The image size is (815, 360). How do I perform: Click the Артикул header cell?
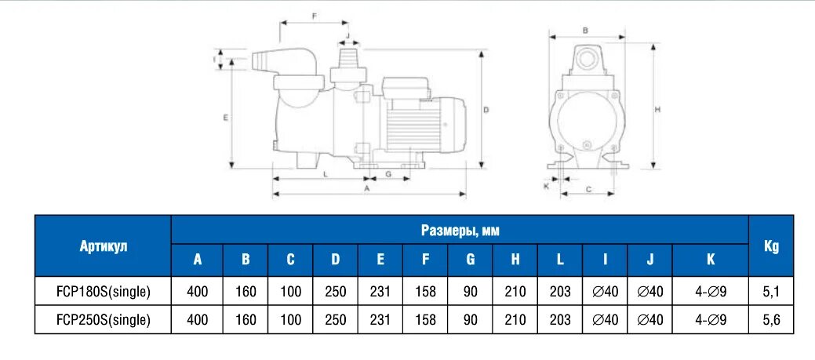pyautogui.click(x=103, y=245)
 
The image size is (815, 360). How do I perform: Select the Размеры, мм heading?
pyautogui.click(x=460, y=230)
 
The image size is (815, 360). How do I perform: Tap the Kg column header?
pyautogui.click(x=771, y=245)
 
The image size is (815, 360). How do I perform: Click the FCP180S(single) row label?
pyautogui.click(x=103, y=292)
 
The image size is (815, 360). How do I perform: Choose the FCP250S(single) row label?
pyautogui.click(x=103, y=319)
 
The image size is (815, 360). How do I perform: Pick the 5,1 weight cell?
pyautogui.click(x=771, y=292)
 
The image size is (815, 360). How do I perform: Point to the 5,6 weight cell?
pyautogui.click(x=771, y=319)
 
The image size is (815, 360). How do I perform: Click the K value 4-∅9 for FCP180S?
pyautogui.click(x=711, y=292)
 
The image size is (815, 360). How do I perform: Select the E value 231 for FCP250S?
pyautogui.click(x=380, y=319)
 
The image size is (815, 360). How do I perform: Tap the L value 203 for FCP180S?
pyautogui.click(x=560, y=292)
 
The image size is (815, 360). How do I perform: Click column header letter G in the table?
pyautogui.click(x=470, y=260)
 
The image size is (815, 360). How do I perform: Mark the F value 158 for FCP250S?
pyautogui.click(x=425, y=319)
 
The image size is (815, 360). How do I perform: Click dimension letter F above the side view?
pyautogui.click(x=314, y=16)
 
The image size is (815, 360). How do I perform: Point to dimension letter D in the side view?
pyautogui.click(x=486, y=110)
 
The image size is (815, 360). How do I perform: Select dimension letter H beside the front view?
pyautogui.click(x=657, y=109)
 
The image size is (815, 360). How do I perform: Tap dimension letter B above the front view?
pyautogui.click(x=585, y=30)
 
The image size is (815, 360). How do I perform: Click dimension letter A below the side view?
pyautogui.click(x=366, y=189)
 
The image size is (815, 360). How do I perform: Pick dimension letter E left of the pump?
pyautogui.click(x=225, y=117)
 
